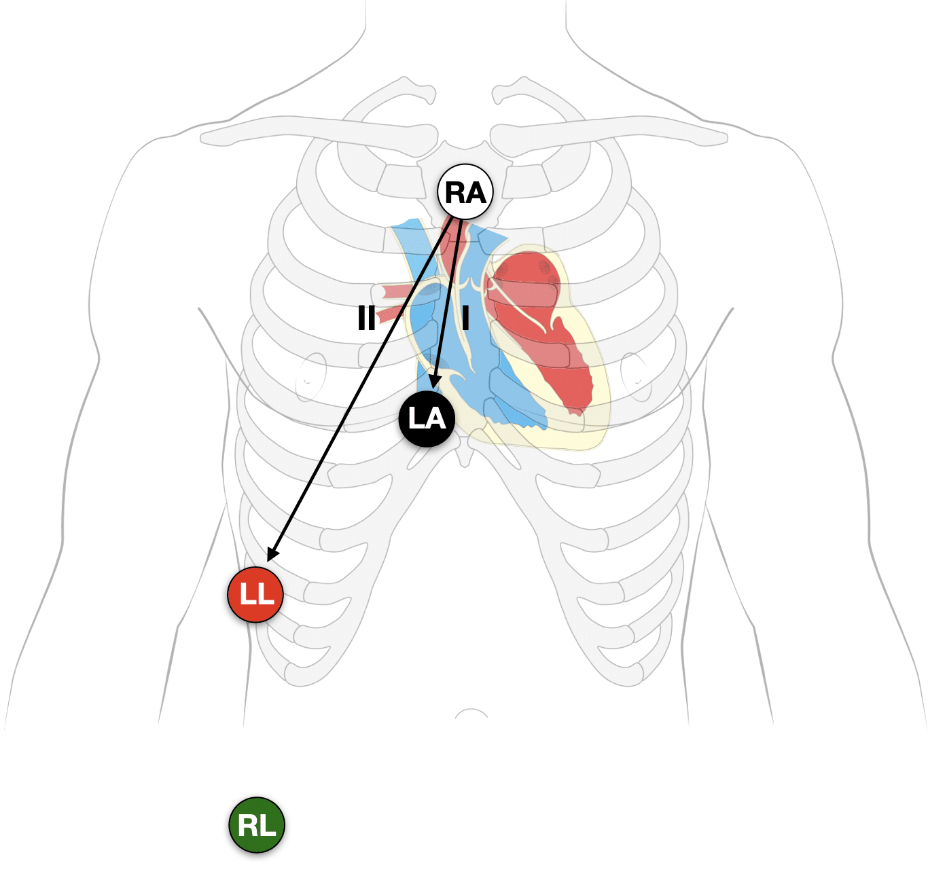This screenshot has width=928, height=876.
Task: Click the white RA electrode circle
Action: point(465,192)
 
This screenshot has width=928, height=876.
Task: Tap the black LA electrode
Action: point(427,418)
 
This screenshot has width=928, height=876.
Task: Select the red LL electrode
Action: point(255,594)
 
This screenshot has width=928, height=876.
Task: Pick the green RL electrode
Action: point(257,825)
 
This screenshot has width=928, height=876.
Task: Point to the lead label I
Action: point(465,317)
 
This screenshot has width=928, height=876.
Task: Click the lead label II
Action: point(366,317)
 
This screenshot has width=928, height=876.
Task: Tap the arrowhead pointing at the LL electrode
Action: point(272,553)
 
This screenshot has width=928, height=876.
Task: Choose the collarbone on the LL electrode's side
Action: point(319,132)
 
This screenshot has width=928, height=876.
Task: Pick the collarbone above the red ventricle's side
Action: point(608,132)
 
